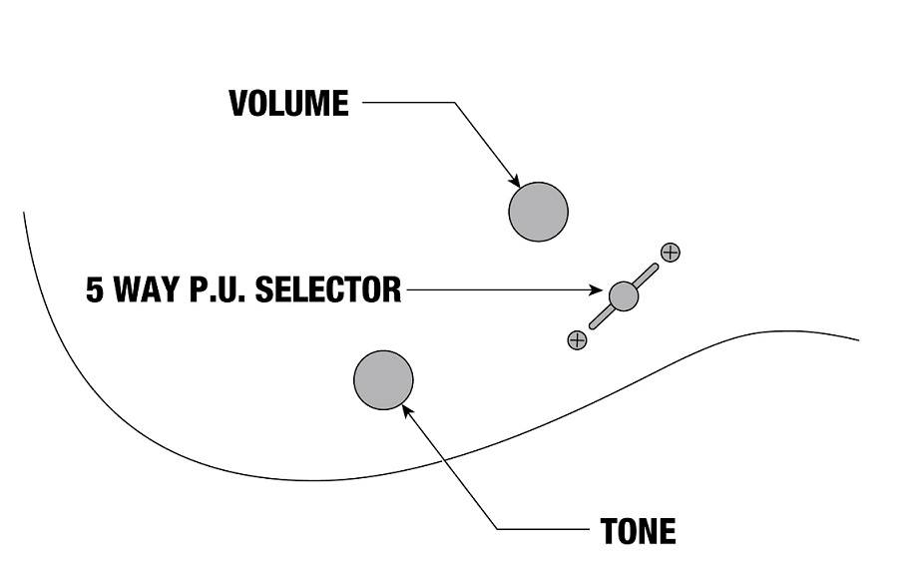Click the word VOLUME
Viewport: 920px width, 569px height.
point(288,104)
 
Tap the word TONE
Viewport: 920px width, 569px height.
point(638,531)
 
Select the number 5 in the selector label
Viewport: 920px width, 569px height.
point(95,290)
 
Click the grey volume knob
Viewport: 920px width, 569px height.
point(538,212)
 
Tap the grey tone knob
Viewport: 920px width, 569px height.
point(383,380)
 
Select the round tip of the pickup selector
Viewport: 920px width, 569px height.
point(623,294)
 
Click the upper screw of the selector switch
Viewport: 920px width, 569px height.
point(671,252)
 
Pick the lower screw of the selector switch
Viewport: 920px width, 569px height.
point(577,339)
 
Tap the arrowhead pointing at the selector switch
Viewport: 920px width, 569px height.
point(601,291)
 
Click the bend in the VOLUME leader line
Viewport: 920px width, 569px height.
point(454,103)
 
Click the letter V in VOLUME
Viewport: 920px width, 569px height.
point(238,104)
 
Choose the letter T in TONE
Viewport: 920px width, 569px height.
point(608,531)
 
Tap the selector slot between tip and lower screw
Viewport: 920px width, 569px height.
point(599,318)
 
